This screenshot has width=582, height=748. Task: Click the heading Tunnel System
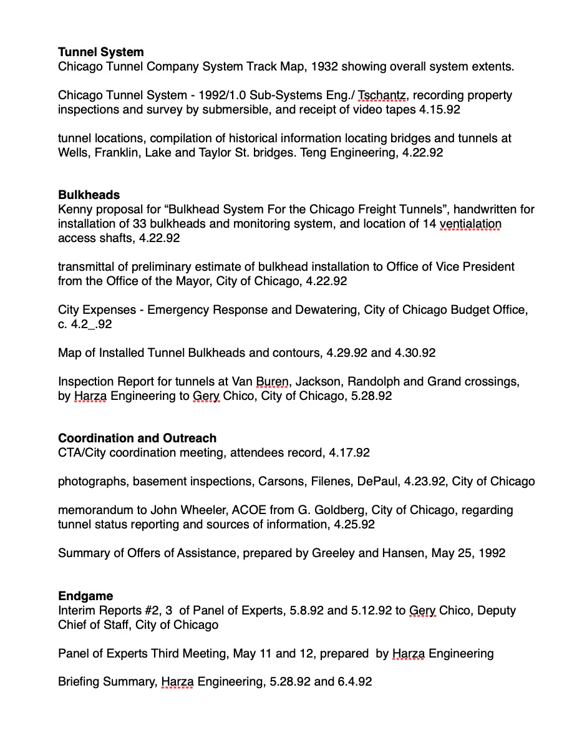click(x=100, y=52)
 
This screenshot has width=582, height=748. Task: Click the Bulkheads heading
click(x=89, y=195)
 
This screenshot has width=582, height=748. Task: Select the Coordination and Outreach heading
click(x=137, y=438)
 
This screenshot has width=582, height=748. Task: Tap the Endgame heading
click(x=85, y=596)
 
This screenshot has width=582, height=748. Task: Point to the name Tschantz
click(x=382, y=95)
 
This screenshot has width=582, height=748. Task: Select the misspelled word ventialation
click(x=470, y=223)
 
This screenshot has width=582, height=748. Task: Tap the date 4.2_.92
click(x=85, y=324)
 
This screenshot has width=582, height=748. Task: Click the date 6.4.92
click(x=355, y=682)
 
